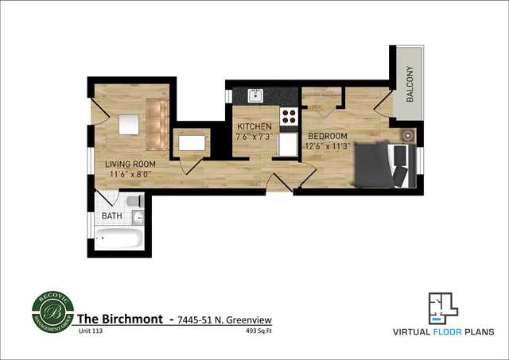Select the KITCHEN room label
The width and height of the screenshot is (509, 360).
tap(254, 126)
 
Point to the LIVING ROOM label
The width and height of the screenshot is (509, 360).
tap(130, 165)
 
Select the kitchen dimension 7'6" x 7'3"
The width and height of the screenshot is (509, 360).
tap(254, 137)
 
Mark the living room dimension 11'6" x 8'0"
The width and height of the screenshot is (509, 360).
tap(130, 175)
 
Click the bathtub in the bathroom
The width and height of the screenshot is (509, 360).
tap(119, 237)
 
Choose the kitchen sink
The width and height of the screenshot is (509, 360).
tap(256, 95)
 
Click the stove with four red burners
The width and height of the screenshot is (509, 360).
tap(289, 119)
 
